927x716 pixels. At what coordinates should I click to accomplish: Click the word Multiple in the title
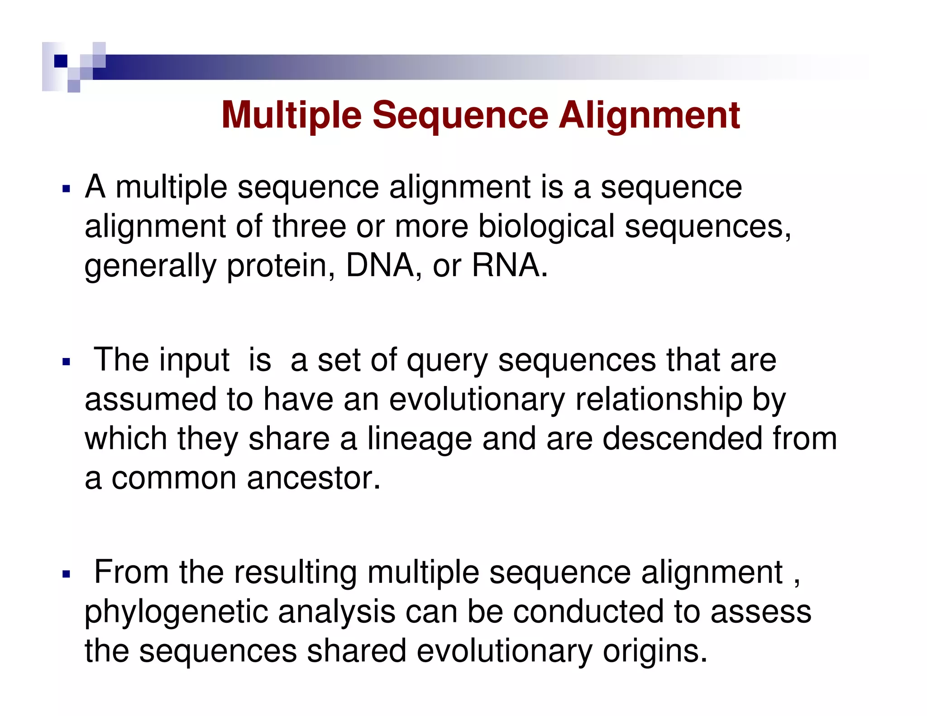(x=291, y=116)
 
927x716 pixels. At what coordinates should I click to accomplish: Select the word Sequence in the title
(x=460, y=116)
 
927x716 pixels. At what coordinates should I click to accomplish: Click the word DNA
(x=380, y=266)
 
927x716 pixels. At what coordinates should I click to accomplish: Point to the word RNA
(x=506, y=266)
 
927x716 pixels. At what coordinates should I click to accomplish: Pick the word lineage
(x=419, y=439)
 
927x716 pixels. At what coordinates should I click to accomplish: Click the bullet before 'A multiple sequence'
(x=67, y=189)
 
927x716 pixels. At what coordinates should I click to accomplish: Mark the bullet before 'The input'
(x=67, y=362)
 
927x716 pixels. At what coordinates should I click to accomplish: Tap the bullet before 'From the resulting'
(x=67, y=574)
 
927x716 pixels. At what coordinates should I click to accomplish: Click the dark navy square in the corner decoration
(x=61, y=61)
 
